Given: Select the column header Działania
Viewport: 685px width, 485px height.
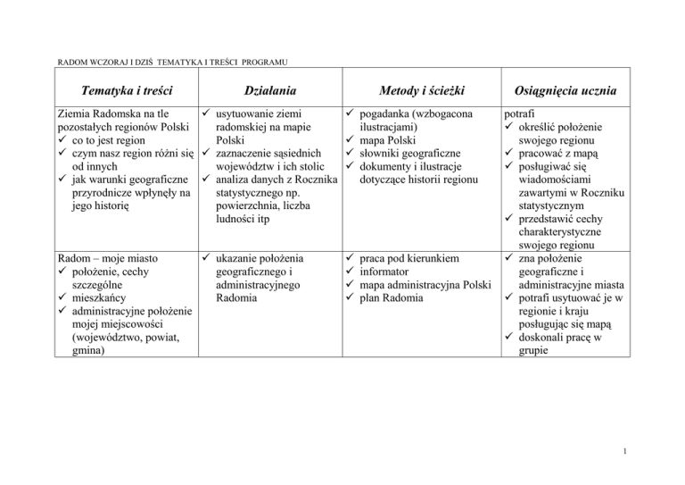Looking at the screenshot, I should click(x=269, y=91).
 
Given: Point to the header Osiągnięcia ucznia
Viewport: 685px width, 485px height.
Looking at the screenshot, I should click(x=566, y=91).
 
